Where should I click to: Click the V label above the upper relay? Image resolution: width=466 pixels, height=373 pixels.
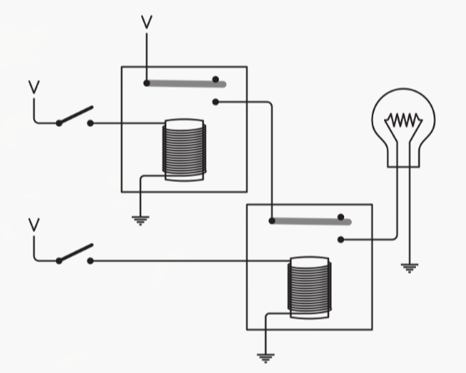click(146, 21)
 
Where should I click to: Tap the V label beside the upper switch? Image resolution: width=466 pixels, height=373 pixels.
click(34, 86)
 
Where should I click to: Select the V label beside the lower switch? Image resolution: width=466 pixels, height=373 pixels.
click(34, 224)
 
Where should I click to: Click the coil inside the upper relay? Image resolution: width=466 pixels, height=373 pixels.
click(184, 149)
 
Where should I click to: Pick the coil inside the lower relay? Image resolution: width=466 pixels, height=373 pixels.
click(309, 288)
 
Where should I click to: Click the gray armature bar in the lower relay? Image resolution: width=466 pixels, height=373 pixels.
click(307, 221)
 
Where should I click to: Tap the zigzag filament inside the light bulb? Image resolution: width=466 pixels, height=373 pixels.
click(401, 122)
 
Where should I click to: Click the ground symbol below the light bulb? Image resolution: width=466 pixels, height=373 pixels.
click(409, 267)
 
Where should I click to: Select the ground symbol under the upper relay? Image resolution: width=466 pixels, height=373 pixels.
click(139, 221)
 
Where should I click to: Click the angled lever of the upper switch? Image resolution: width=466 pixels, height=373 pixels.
click(75, 115)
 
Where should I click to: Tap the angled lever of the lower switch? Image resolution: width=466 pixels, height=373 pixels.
click(75, 253)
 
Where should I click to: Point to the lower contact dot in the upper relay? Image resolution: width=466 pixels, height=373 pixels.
click(215, 103)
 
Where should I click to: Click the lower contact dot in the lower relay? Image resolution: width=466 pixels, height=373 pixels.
click(341, 240)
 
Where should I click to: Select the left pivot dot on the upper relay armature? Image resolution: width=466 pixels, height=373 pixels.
click(147, 83)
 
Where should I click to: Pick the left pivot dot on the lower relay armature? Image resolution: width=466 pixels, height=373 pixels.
click(271, 221)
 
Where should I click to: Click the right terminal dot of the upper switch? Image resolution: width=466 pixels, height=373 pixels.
click(90, 123)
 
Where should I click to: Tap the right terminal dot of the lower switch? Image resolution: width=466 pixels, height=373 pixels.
click(90, 261)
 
